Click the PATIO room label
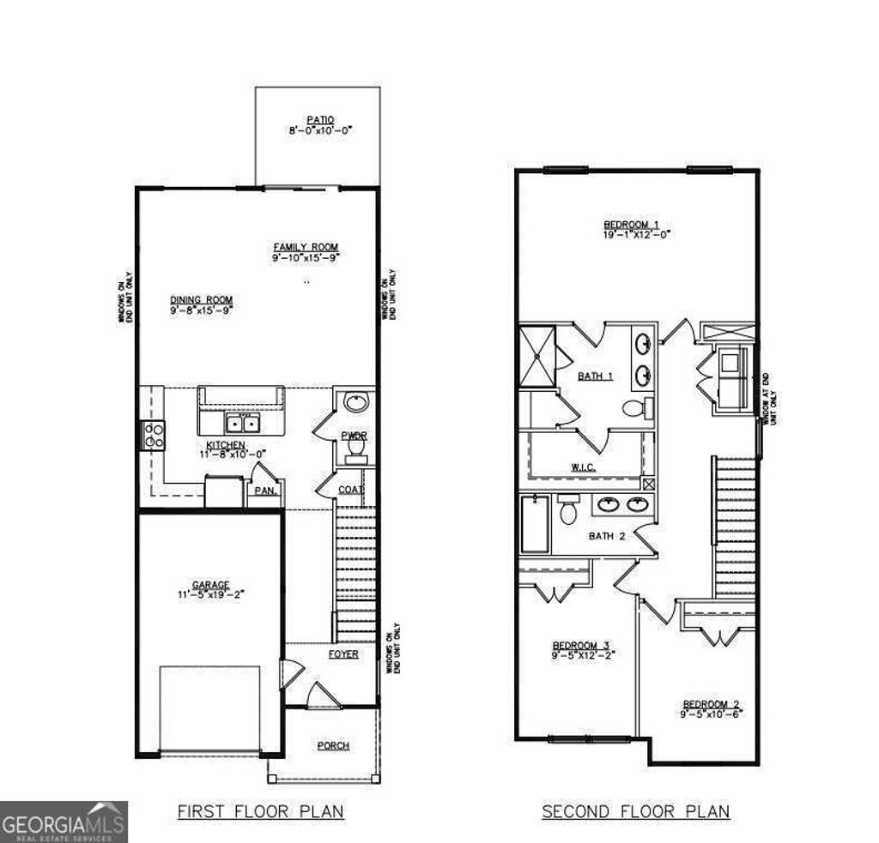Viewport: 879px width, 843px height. pyautogui.click(x=320, y=120)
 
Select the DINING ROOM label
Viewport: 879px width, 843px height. pyautogui.click(x=201, y=300)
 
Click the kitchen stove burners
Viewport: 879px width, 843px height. pyautogui.click(x=154, y=436)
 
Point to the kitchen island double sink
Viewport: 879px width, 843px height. pyautogui.click(x=241, y=423)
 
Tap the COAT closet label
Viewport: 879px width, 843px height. pyautogui.click(x=349, y=490)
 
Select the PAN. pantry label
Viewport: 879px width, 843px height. pyautogui.click(x=264, y=491)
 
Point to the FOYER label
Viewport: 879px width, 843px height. pyautogui.click(x=343, y=654)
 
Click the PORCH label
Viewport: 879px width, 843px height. pyautogui.click(x=333, y=745)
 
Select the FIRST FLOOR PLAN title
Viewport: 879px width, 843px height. pyautogui.click(x=260, y=811)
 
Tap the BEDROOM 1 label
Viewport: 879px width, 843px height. pyautogui.click(x=632, y=226)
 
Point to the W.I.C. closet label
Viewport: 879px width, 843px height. pyautogui.click(x=584, y=467)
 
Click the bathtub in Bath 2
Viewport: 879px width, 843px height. pyautogui.click(x=534, y=524)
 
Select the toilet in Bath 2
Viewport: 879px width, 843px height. pyautogui.click(x=567, y=512)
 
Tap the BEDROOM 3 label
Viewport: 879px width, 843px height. pyautogui.click(x=580, y=645)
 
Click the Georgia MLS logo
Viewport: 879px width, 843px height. pyautogui.click(x=64, y=822)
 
